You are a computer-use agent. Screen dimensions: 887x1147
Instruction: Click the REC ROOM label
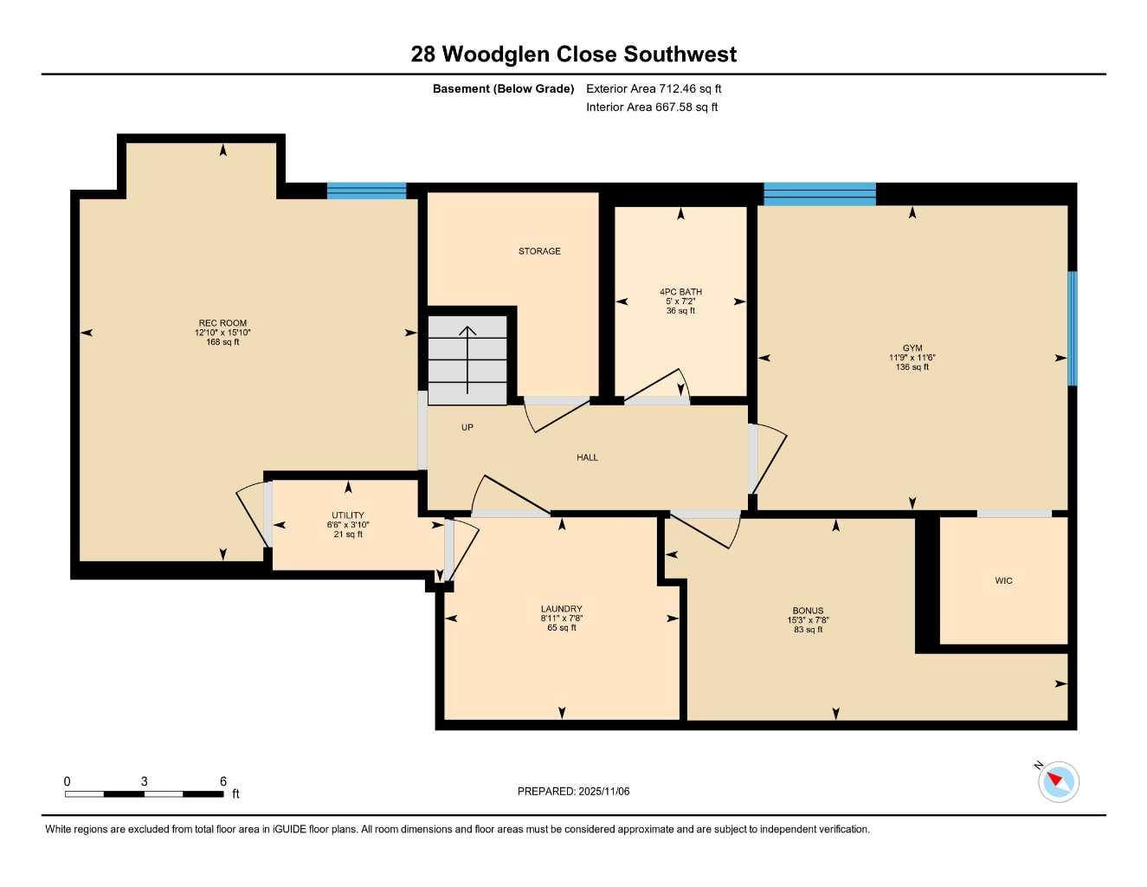point(222,324)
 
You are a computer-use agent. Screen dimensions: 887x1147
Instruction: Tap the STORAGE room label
point(539,251)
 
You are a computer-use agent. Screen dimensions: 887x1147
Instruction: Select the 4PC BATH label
point(680,292)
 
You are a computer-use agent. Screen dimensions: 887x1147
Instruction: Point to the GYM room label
point(912,348)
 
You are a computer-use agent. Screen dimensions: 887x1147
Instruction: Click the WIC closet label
point(1003,581)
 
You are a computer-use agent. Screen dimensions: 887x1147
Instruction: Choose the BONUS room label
point(808,611)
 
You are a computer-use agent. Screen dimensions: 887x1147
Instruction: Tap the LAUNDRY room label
point(561,609)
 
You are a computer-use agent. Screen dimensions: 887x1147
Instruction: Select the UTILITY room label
point(348,515)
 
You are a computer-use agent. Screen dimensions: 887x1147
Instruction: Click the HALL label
point(587,457)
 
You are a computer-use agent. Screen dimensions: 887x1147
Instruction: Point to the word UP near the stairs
point(467,428)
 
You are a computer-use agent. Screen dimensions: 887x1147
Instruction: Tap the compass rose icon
point(1058,782)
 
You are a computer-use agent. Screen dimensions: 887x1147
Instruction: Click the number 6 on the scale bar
point(223,781)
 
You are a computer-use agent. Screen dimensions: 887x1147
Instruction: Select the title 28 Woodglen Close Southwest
point(573,54)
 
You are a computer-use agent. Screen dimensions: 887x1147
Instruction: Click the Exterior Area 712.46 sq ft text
point(654,88)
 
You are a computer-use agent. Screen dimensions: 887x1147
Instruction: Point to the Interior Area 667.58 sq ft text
point(652,107)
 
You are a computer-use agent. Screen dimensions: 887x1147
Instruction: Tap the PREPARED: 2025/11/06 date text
point(573,791)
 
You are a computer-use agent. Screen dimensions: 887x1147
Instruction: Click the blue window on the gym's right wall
point(1073,328)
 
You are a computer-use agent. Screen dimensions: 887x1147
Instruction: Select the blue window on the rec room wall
point(366,191)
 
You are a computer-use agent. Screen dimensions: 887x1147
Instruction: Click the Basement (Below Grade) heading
point(503,88)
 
